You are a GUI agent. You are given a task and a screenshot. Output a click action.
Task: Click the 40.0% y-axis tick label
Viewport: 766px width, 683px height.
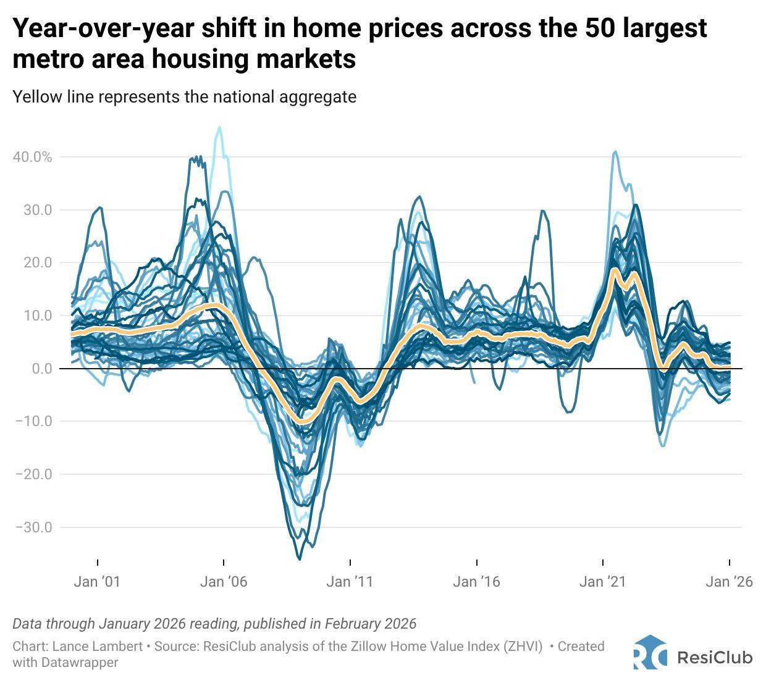coord(32,157)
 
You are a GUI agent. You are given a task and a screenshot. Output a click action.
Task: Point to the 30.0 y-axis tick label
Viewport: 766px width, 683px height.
coord(38,210)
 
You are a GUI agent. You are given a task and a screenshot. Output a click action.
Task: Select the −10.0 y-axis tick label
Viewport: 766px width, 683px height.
coord(35,421)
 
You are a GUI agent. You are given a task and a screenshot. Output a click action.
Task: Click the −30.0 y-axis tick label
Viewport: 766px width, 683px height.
coord(35,527)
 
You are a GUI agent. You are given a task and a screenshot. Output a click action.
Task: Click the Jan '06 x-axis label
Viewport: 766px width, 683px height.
coord(223,582)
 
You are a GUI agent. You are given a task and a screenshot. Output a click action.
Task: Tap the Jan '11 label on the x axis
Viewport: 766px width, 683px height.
coord(350,582)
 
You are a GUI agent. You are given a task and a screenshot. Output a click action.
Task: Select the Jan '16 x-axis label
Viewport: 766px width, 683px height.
coord(476,582)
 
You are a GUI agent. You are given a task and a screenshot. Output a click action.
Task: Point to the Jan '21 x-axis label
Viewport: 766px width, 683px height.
coord(603,582)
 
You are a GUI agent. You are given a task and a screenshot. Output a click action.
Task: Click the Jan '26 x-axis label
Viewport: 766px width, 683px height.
coord(730,582)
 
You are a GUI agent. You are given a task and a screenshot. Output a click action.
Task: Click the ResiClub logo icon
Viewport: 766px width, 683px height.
coord(650,652)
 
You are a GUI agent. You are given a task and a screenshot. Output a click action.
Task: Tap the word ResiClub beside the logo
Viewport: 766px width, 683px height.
coord(715,658)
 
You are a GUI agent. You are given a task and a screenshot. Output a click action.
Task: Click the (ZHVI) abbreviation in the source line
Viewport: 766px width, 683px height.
coord(523,647)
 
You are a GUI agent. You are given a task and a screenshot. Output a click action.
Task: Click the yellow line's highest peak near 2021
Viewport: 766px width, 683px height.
coord(614,270)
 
